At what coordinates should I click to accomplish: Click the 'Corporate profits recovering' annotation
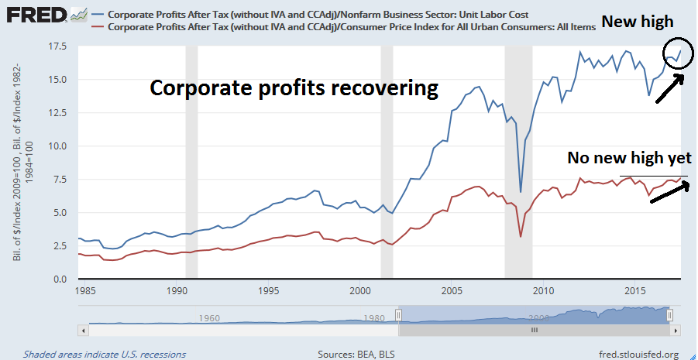pyautogui.click(x=294, y=87)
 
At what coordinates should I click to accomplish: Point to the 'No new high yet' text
pyautogui.click(x=628, y=158)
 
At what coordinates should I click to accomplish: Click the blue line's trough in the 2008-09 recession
pyautogui.click(x=521, y=191)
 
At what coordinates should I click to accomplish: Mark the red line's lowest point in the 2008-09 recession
pyautogui.click(x=521, y=236)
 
